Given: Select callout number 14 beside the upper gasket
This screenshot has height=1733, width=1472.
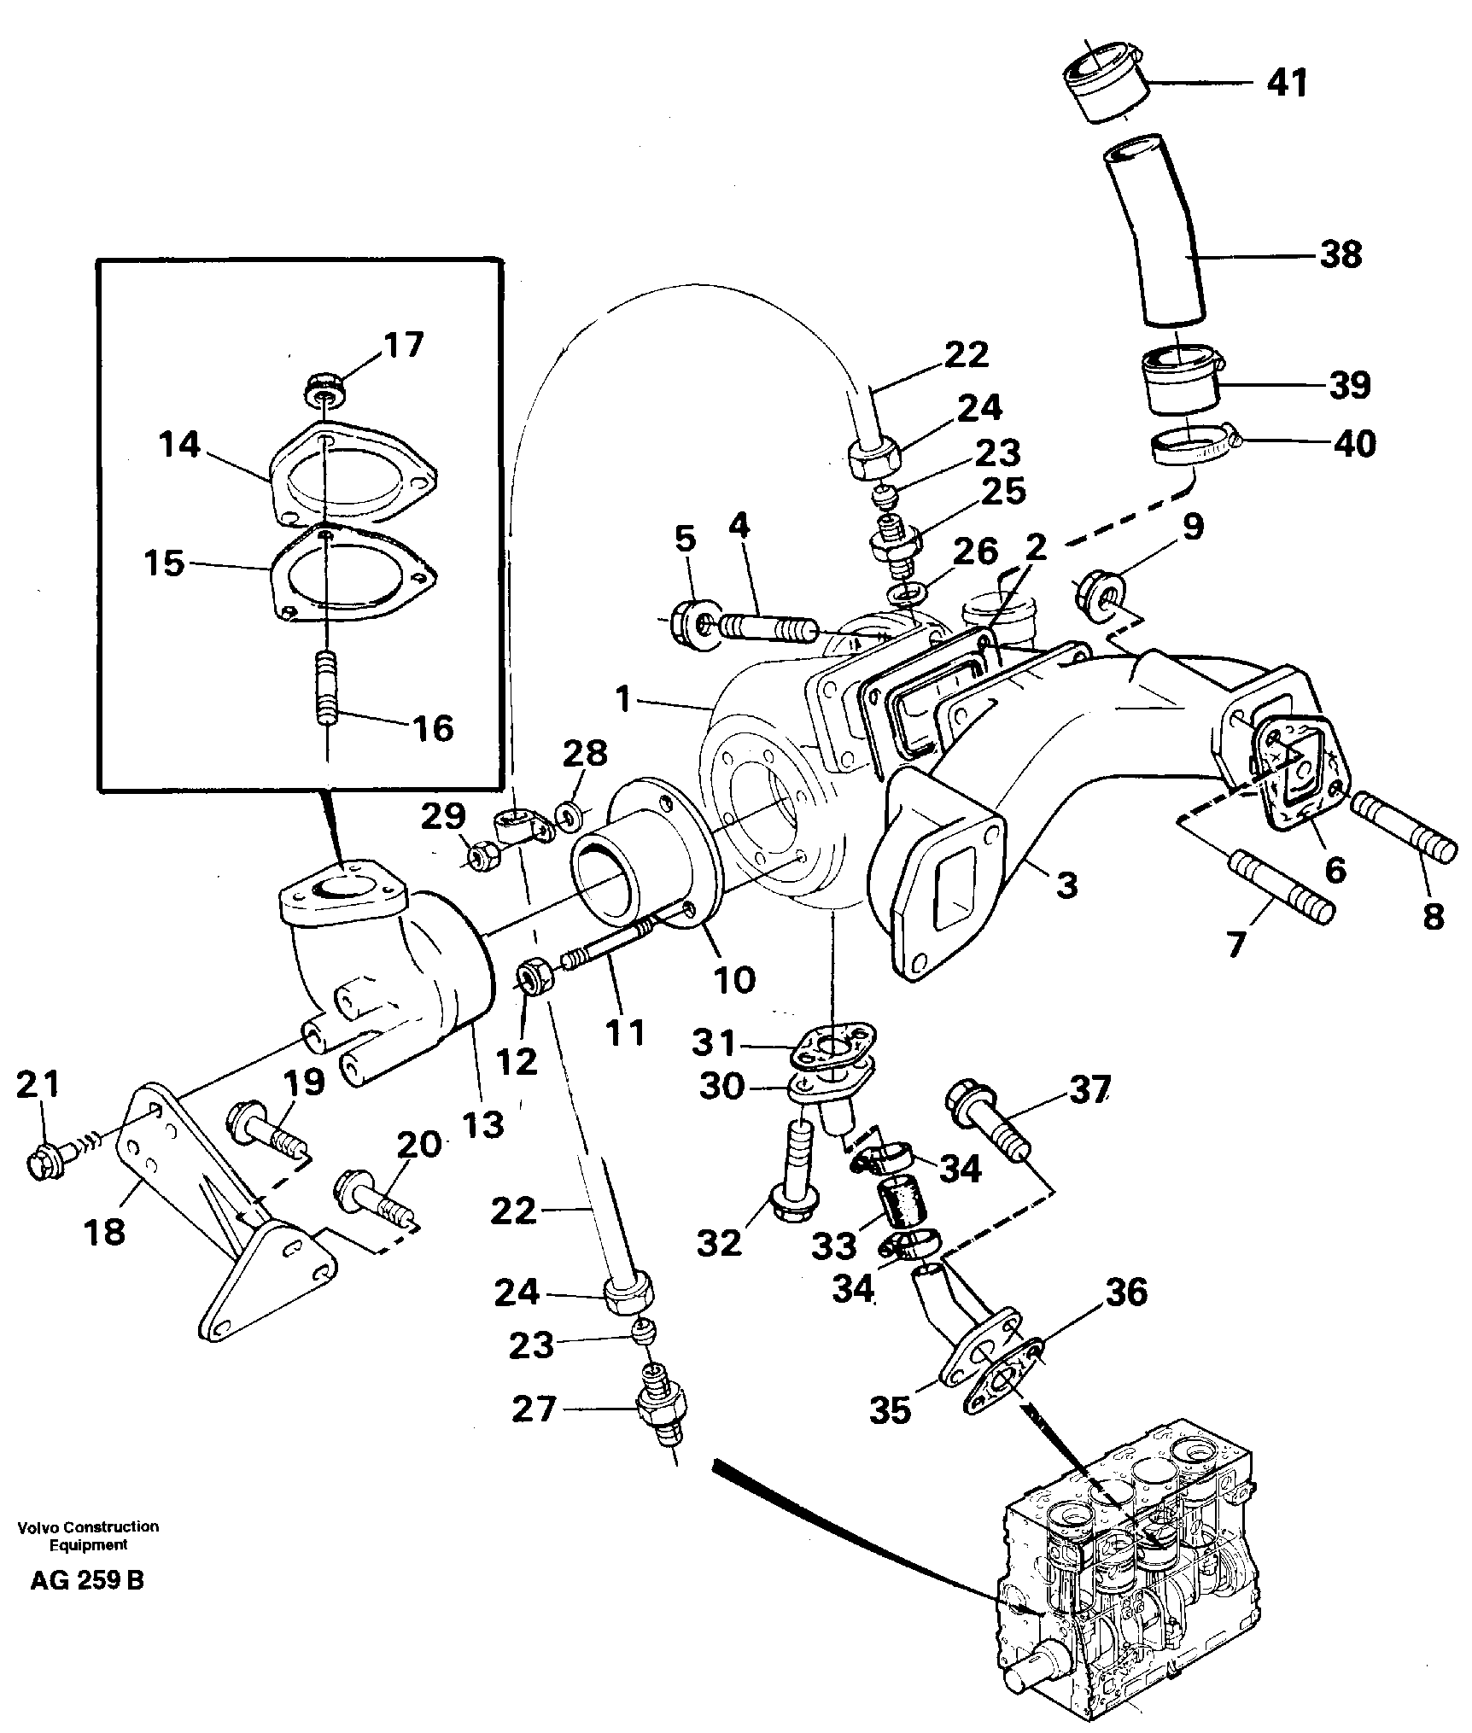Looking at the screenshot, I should tap(180, 445).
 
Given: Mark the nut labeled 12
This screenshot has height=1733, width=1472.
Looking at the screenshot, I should tap(537, 975).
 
